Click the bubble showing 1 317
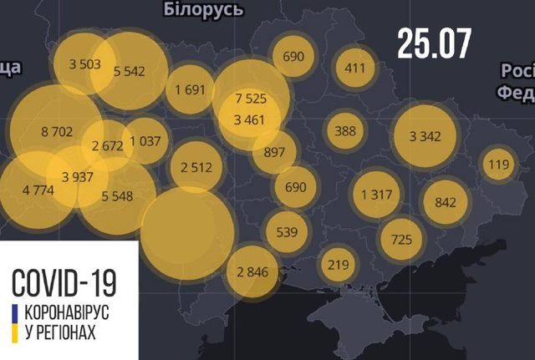click(x=378, y=194)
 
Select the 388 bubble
click(x=345, y=130)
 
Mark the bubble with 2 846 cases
click(x=252, y=272)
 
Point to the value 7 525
click(x=251, y=98)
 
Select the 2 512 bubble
click(x=197, y=166)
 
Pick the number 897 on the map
click(x=274, y=151)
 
